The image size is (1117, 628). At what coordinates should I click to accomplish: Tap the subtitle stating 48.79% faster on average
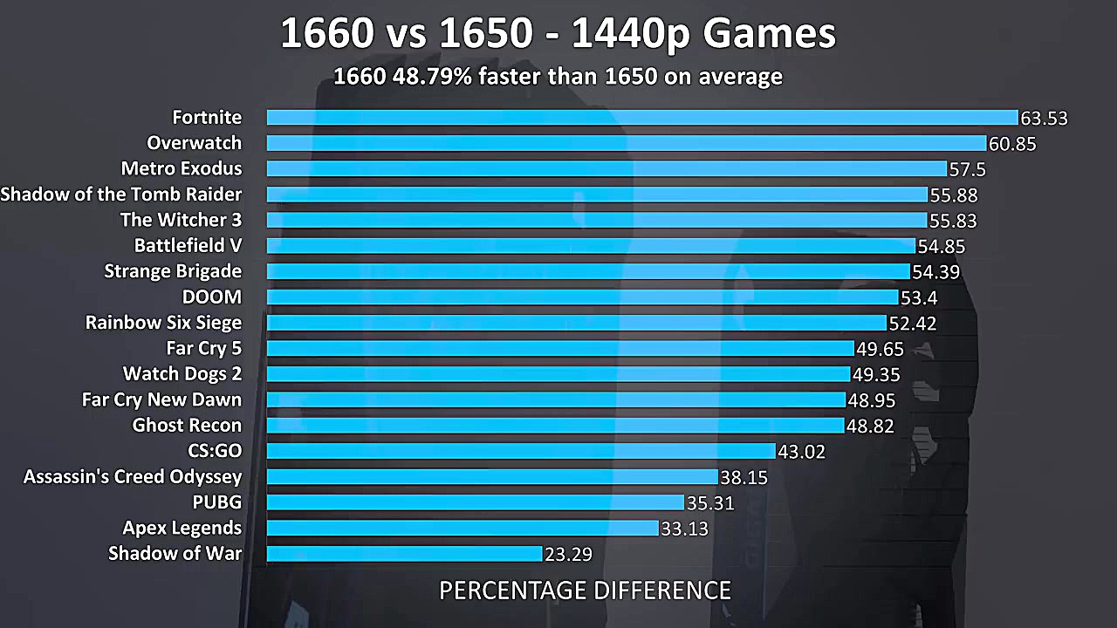coord(558,77)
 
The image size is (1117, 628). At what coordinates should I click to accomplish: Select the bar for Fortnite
coord(642,118)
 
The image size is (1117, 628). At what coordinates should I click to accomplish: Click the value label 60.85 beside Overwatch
coord(1012,144)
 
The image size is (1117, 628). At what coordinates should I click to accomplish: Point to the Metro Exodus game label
coord(182,168)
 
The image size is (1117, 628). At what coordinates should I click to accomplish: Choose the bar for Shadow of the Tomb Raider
coord(597,195)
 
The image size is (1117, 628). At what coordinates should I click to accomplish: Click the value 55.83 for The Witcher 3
coord(953,221)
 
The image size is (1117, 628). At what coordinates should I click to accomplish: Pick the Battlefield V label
coord(188,246)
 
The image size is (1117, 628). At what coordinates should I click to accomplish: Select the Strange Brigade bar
coord(588,271)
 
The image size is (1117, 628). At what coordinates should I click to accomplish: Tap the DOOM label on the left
coord(212,297)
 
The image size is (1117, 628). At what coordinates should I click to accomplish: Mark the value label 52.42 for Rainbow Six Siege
coord(913,324)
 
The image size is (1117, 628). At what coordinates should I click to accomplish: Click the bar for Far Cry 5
coord(560,349)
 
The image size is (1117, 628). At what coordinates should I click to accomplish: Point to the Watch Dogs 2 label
coord(182,374)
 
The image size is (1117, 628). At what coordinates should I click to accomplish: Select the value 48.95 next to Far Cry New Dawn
coord(871,400)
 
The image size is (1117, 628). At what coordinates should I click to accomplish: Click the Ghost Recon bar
coord(555,426)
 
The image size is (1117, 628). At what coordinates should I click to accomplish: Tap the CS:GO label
coord(215,451)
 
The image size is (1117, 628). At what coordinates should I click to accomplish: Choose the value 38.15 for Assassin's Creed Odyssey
coord(744,477)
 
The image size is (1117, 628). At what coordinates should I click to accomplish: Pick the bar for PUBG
coord(475,502)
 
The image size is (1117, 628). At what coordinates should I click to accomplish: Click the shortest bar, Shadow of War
coord(404,554)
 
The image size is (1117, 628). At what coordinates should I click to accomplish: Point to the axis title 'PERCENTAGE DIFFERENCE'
coord(585,590)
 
